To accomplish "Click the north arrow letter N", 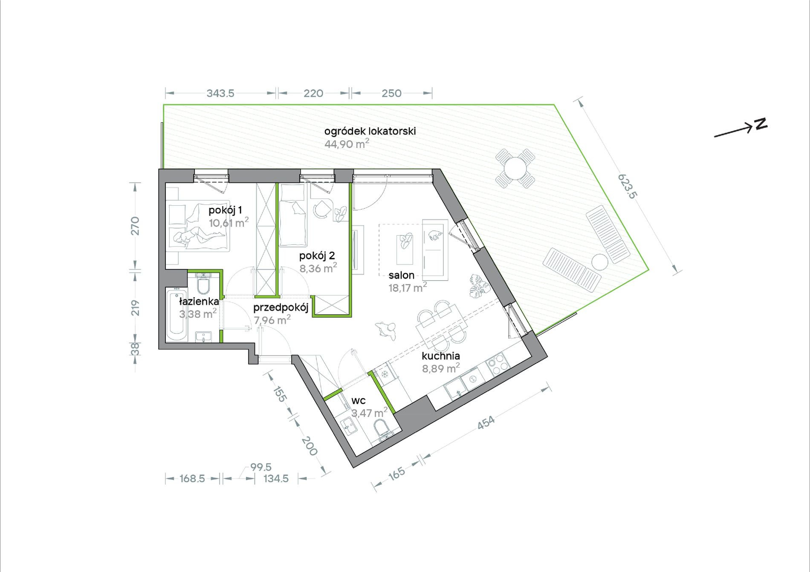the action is click(761, 124).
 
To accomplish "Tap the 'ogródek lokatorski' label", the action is click(370, 131).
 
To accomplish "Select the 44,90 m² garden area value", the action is click(347, 144).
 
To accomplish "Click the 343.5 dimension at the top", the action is click(220, 93).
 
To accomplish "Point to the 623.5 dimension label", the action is click(627, 186).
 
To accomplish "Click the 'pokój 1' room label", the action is click(225, 210).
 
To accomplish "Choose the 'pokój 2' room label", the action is click(317, 256).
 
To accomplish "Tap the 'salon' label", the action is click(401, 275).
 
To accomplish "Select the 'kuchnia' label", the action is click(441, 356).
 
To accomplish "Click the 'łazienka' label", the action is click(199, 302).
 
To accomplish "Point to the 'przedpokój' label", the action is click(281, 308).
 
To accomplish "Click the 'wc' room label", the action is click(359, 401).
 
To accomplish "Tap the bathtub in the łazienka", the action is click(176, 315).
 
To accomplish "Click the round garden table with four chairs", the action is click(515, 169).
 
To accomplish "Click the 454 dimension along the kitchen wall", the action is click(486, 422).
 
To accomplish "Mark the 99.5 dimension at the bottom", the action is click(260, 467).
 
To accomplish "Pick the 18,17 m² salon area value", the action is click(408, 287).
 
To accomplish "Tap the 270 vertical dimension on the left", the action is click(135, 226).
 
